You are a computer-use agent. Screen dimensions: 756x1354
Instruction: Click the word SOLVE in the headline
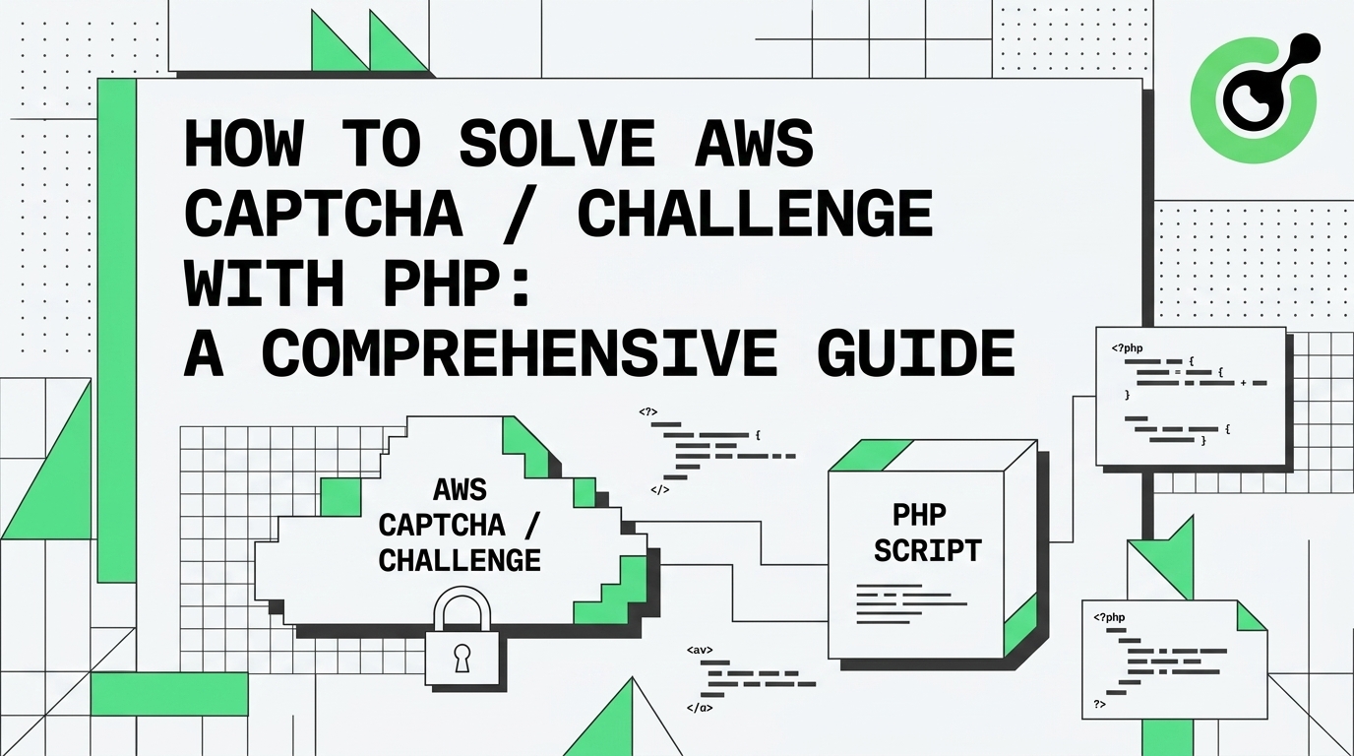(556, 147)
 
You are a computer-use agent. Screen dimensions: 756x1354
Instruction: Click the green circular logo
(1253, 96)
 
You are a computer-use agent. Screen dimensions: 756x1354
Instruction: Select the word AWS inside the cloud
(460, 489)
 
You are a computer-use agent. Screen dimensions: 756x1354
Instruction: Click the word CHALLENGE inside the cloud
(460, 560)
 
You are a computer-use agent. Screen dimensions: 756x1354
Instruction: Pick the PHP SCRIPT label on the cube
(927, 532)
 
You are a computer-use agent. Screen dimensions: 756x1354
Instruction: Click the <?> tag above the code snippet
(647, 411)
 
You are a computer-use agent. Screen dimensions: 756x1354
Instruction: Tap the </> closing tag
(659, 489)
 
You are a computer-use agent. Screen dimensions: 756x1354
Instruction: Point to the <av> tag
(699, 651)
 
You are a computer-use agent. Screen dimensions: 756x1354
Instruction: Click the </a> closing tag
(699, 707)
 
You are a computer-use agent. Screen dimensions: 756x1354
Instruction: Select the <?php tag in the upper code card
(1130, 347)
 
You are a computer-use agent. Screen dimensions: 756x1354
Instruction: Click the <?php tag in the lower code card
(1109, 617)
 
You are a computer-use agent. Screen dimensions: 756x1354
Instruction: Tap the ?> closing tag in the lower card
(1100, 705)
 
